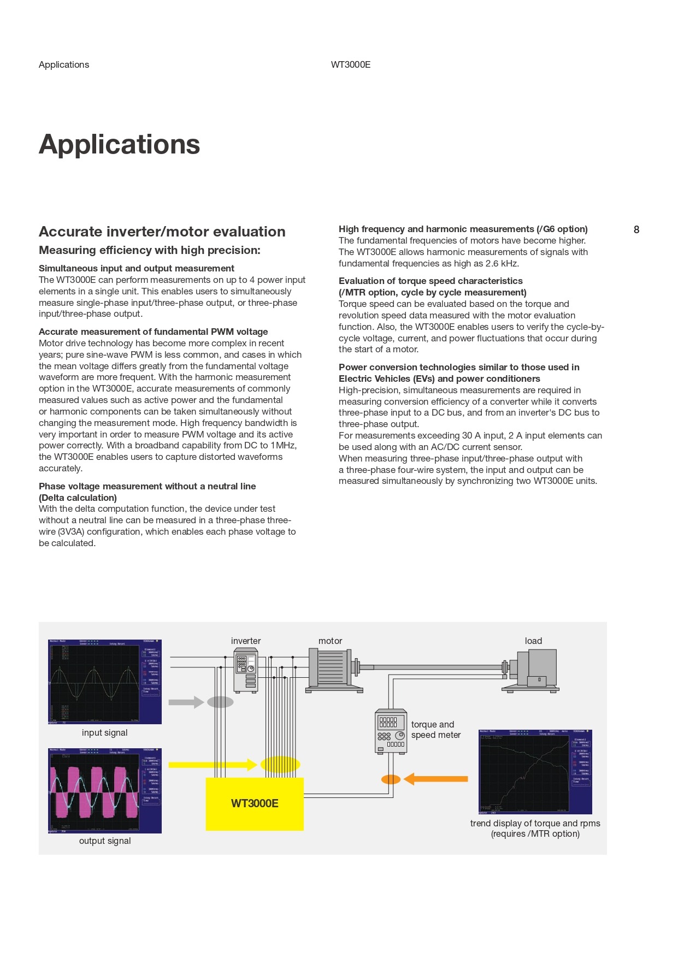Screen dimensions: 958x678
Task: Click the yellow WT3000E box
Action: pos(255,803)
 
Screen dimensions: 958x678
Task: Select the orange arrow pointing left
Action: pos(436,779)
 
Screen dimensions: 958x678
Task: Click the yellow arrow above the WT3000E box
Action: pos(213,765)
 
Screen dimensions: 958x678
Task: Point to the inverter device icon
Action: pos(245,670)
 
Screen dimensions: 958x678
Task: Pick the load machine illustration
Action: pos(532,670)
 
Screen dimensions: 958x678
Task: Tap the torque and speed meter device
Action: pos(391,731)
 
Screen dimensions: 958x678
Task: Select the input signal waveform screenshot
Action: pos(105,682)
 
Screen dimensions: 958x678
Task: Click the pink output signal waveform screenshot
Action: pos(105,790)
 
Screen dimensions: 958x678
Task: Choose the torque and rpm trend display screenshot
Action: pos(535,772)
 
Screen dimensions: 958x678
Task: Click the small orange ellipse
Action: pos(391,779)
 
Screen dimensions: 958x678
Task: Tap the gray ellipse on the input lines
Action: pos(220,702)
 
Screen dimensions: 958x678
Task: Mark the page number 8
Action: pos(636,230)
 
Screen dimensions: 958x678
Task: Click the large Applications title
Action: pos(120,145)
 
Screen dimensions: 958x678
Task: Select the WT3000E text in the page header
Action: pos(351,64)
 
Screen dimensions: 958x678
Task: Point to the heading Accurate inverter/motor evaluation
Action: pos(162,232)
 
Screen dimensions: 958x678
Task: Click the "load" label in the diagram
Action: pos(533,641)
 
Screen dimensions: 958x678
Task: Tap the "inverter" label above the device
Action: pos(246,641)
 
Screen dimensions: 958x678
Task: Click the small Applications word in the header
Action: pos(64,64)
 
